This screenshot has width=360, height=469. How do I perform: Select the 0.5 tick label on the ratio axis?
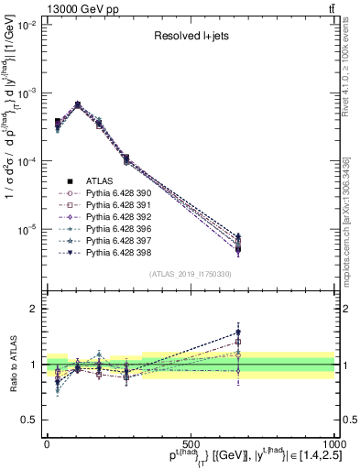click(x=28, y=420)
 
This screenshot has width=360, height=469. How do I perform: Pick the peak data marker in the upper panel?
click(x=78, y=104)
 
